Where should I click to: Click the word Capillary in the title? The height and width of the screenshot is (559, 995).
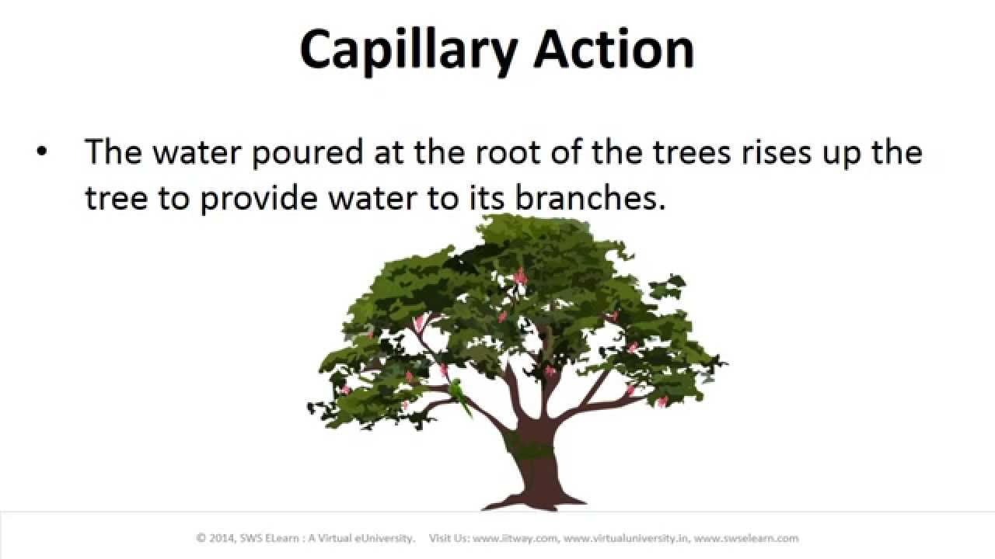click(x=409, y=52)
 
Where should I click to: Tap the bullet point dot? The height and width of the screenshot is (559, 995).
click(x=42, y=151)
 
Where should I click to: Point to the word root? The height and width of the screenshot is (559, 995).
click(x=508, y=151)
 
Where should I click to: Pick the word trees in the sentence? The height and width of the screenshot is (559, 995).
click(x=692, y=152)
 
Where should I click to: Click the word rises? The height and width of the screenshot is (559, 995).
click(x=776, y=151)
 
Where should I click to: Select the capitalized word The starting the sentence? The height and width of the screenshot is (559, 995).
click(x=113, y=151)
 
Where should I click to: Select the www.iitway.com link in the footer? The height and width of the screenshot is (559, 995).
click(x=515, y=539)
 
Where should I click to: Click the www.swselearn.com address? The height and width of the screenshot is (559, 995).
click(x=746, y=539)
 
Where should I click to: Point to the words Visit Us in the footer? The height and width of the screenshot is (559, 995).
click(x=449, y=538)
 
